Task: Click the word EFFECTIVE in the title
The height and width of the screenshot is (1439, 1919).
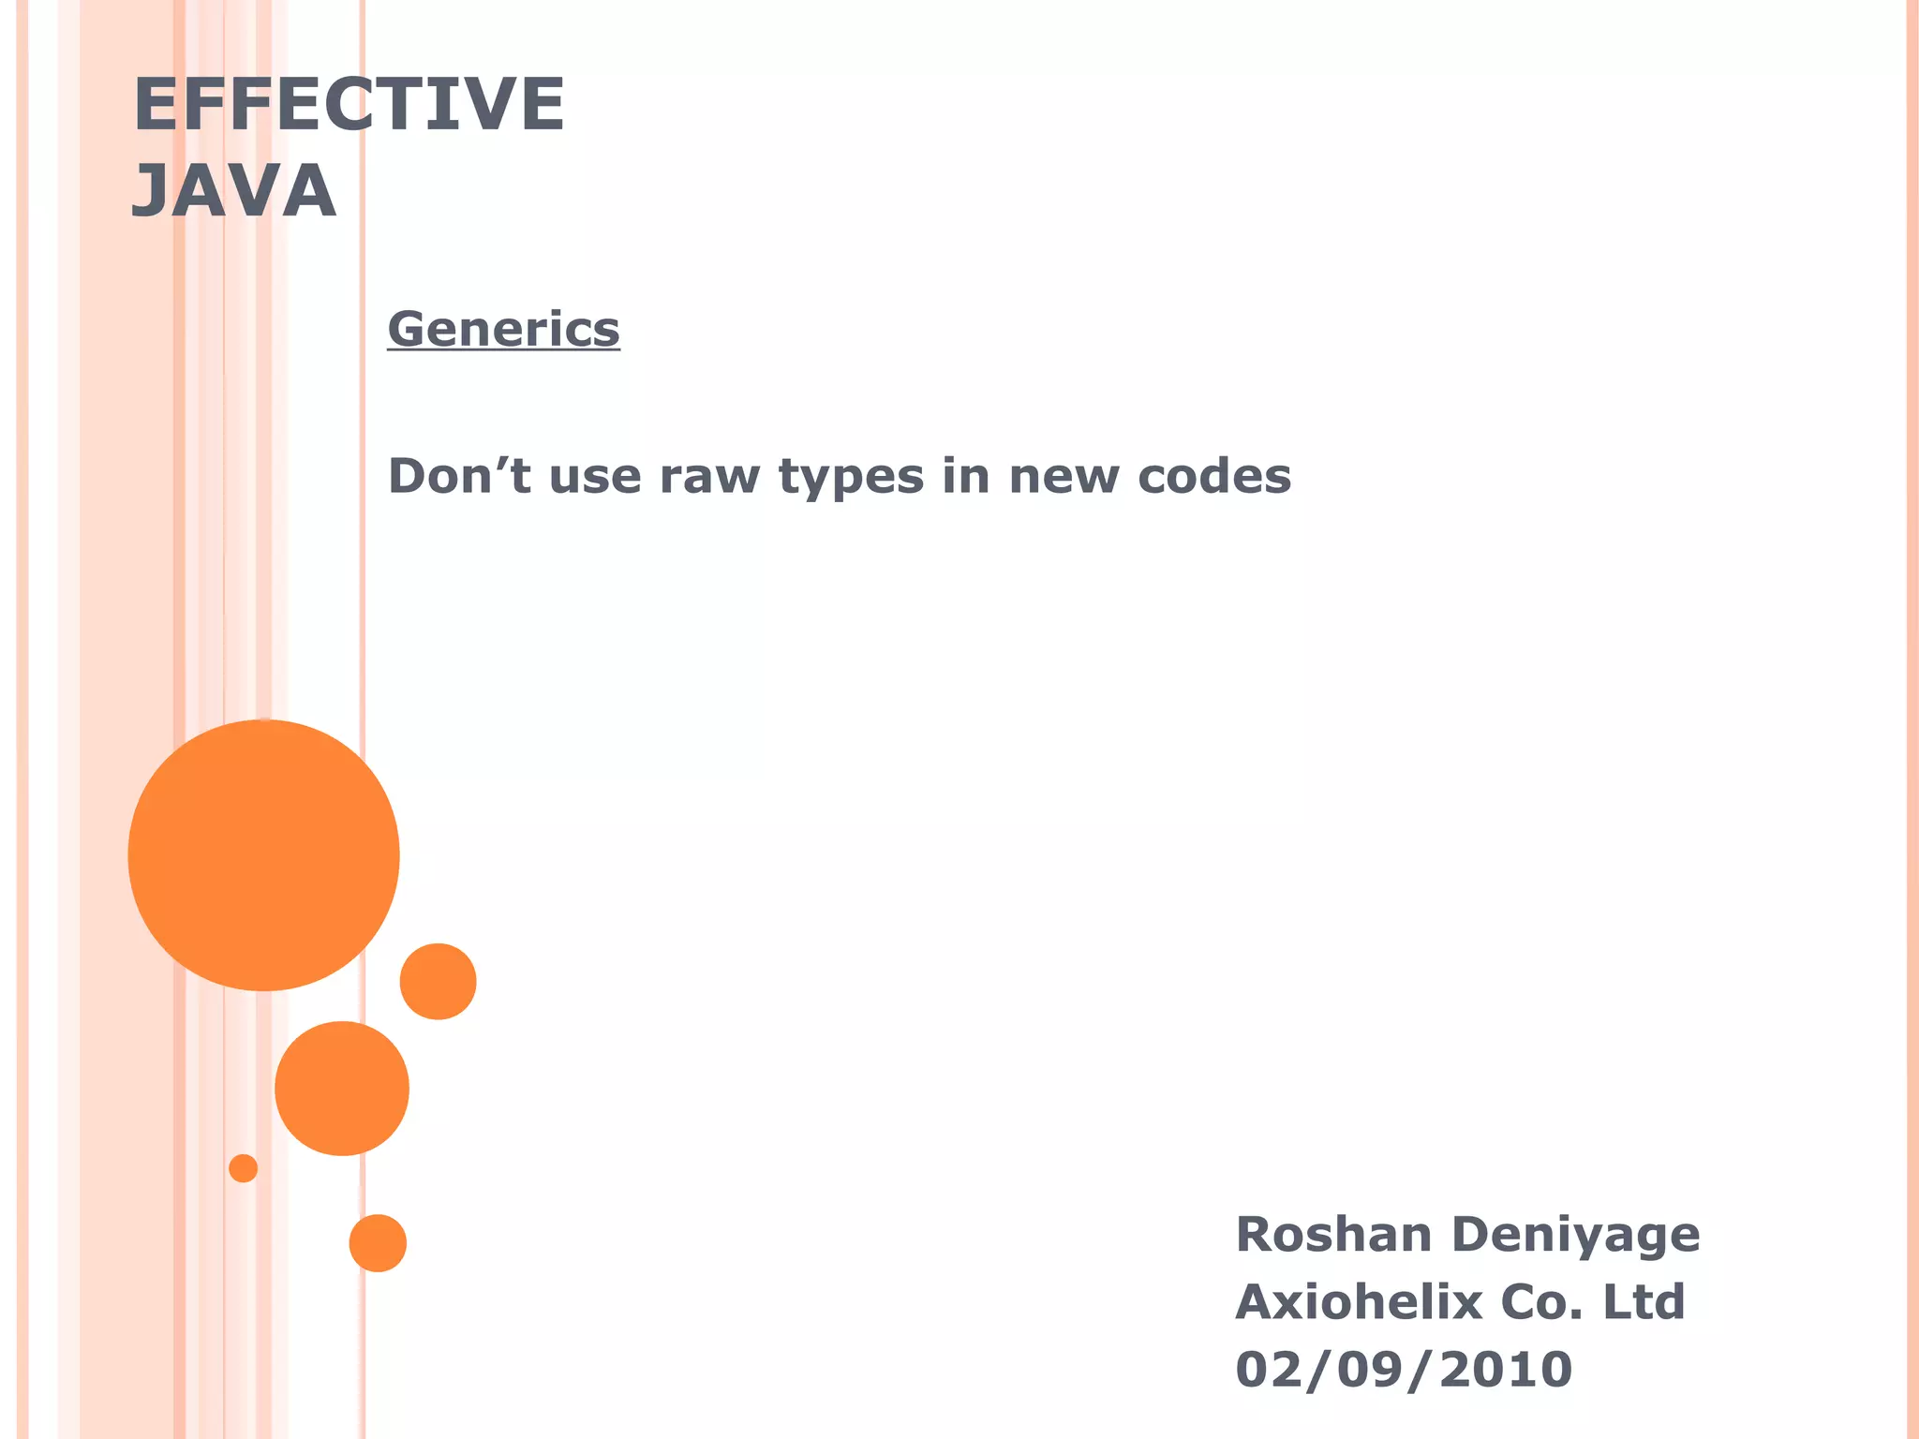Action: point(349,104)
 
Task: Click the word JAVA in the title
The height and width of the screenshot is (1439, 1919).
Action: point(233,191)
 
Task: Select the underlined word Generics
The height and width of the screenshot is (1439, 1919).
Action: point(503,329)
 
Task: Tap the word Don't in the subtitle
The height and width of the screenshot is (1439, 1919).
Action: point(460,476)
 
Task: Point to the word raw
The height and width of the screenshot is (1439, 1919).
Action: point(708,476)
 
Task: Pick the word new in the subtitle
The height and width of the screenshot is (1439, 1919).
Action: point(1064,476)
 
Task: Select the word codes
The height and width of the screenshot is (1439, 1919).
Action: point(1214,476)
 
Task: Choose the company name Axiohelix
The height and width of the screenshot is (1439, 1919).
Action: point(1358,1301)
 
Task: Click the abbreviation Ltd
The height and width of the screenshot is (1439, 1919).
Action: point(1644,1301)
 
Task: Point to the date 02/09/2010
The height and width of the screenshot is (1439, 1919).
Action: point(1404,1370)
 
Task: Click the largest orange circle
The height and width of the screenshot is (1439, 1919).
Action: point(264,854)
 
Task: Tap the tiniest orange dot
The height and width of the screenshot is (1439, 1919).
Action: point(243,1168)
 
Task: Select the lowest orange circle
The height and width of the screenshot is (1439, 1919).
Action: point(378,1243)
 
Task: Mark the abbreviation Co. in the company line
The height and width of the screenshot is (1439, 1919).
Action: point(1541,1301)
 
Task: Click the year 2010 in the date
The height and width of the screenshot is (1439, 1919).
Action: point(1505,1370)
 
